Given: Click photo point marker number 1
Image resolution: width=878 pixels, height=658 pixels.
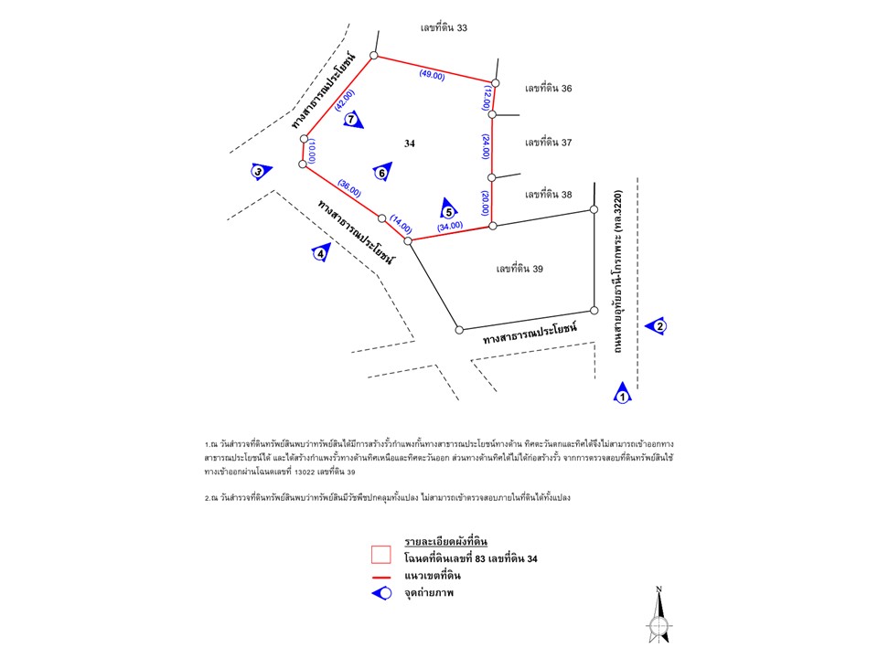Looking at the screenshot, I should (622, 396).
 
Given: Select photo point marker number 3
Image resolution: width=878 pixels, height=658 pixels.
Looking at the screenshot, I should (261, 171).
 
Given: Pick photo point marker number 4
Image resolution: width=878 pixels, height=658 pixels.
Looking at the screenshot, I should (319, 253).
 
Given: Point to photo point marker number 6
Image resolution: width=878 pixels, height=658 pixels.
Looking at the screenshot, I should (382, 172).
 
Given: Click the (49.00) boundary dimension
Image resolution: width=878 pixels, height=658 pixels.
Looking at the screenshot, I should (432, 75).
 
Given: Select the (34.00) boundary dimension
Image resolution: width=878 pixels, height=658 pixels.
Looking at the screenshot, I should (450, 226).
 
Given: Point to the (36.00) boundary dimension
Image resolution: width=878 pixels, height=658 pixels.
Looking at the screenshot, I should (349, 189).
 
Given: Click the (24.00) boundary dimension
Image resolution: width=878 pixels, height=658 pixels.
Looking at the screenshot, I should (486, 146).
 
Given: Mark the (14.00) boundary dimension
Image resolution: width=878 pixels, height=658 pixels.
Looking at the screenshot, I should (401, 221).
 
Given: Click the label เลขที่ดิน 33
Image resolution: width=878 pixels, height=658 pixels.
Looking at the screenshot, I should (444, 28).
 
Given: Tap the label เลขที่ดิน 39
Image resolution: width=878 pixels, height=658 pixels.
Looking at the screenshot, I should (519, 269).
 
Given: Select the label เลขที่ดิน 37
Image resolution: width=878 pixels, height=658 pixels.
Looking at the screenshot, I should (549, 143).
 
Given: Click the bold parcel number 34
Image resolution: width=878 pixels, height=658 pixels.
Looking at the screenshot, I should (410, 143).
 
